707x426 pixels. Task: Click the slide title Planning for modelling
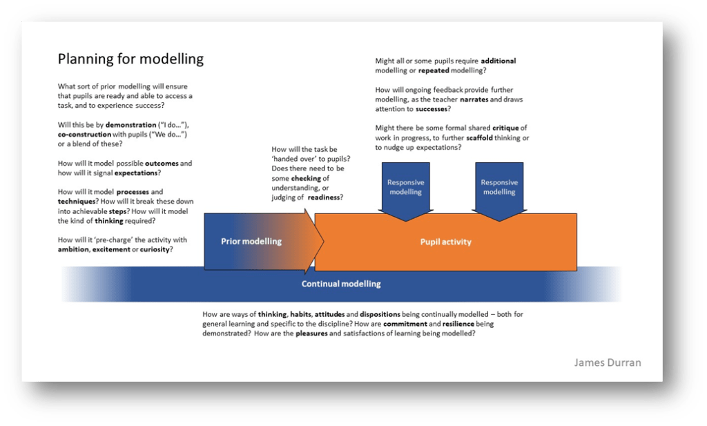130,59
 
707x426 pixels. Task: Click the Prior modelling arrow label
251,242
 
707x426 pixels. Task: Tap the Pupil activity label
445,242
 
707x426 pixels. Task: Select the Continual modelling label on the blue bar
341,284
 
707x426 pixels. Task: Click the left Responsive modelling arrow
405,187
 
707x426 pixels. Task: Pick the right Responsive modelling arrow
499,187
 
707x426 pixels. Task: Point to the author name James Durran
608,362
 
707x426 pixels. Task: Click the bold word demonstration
131,125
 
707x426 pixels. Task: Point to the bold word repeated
438,70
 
